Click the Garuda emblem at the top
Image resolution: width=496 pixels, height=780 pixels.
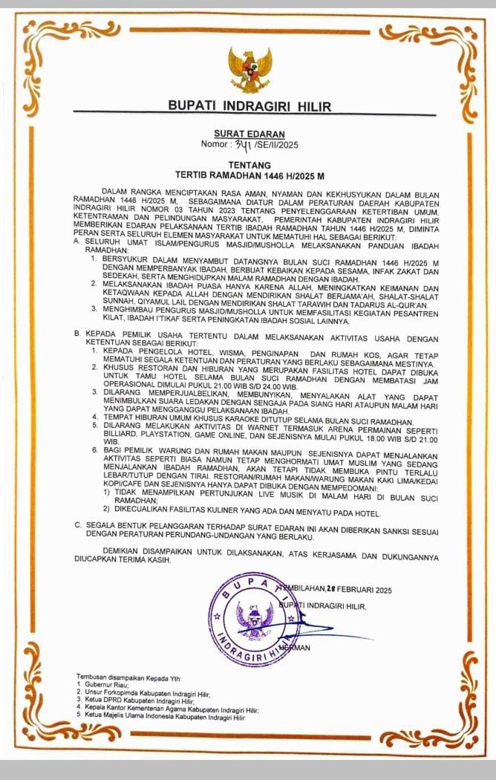[249, 69]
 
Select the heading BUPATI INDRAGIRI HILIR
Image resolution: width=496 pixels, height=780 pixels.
[249, 106]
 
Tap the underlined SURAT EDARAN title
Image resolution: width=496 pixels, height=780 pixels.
[249, 134]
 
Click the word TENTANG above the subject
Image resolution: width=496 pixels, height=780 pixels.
[249, 166]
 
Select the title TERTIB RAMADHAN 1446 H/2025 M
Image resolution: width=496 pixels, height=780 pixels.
[249, 177]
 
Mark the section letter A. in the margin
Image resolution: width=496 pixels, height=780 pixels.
[77, 242]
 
